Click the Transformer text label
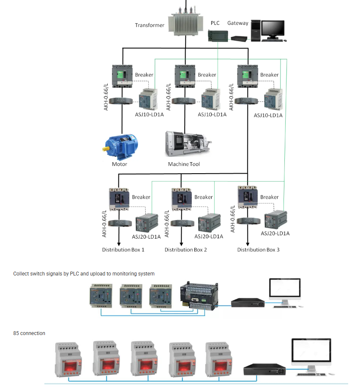(150, 25)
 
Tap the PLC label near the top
(215, 23)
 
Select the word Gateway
(237, 23)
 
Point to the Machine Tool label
(184, 164)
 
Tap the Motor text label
(120, 164)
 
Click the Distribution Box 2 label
(186, 250)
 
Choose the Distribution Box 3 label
(258, 250)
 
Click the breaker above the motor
(123, 76)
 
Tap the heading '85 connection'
(29, 333)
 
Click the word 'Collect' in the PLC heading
(21, 274)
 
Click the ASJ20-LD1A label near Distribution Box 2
(209, 237)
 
